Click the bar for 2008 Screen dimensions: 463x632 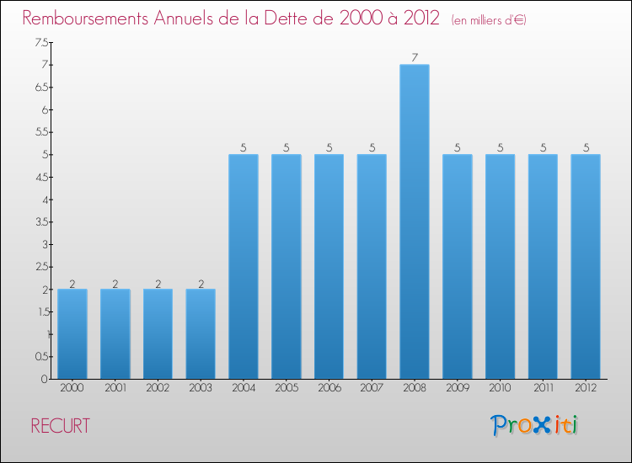pyautogui.click(x=415, y=221)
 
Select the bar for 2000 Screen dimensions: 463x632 pyautogui.click(x=72, y=333)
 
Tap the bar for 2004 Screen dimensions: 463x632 pyautogui.click(x=244, y=266)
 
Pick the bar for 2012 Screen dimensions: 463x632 pyautogui.click(x=586, y=266)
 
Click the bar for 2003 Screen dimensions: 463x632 pyautogui.click(x=201, y=333)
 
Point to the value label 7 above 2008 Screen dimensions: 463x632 pyautogui.click(x=415, y=58)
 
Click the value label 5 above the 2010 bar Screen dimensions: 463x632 pyautogui.click(x=501, y=147)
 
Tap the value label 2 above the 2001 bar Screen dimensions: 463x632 pyautogui.click(x=115, y=284)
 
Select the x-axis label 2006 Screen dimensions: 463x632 pyautogui.click(x=329, y=388)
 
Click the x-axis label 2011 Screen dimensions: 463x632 pyautogui.click(x=543, y=388)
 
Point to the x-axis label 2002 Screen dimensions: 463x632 pyautogui.click(x=158, y=388)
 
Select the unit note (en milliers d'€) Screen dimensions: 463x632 pyautogui.click(x=489, y=20)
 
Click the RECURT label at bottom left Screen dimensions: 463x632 pyautogui.click(x=60, y=426)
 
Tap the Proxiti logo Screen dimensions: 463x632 pyautogui.click(x=535, y=425)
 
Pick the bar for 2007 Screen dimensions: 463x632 pyautogui.click(x=372, y=266)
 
